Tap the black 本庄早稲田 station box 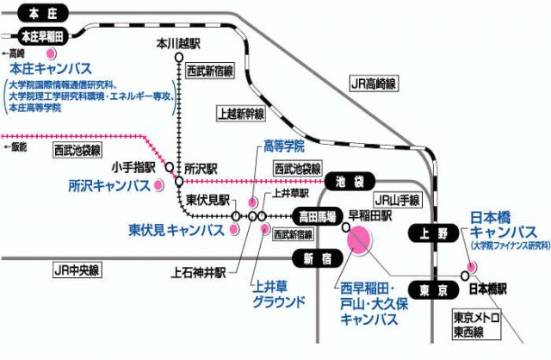pyautogui.click(x=40, y=36)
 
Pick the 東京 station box pyautogui.click(x=425, y=289)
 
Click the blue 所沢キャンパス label pyautogui.click(x=108, y=185)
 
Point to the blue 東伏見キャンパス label pyautogui.click(x=176, y=230)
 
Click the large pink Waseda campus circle pyautogui.click(x=359, y=239)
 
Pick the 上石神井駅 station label pyautogui.click(x=199, y=272)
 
